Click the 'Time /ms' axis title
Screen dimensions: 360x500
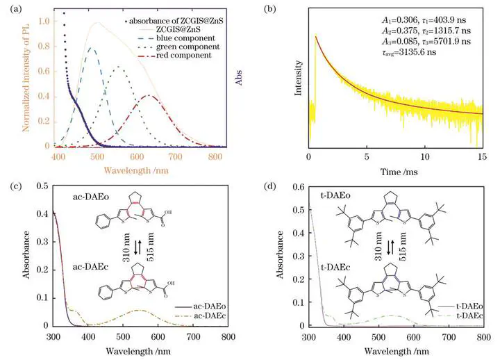[394, 170]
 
